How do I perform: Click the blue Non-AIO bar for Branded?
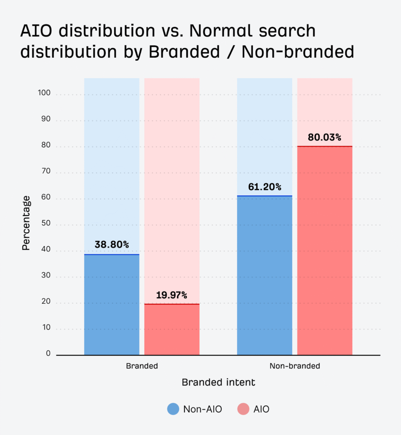click(x=112, y=305)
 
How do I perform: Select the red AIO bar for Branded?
click(x=172, y=329)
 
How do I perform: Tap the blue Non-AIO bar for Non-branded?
click(x=264, y=275)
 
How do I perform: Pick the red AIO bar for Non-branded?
click(x=325, y=251)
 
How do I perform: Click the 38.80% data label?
click(x=112, y=245)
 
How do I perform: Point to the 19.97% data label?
click(x=172, y=295)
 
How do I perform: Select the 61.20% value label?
click(x=264, y=187)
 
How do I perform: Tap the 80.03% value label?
click(x=325, y=137)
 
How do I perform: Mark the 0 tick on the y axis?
click(x=48, y=353)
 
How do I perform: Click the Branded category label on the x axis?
click(x=142, y=366)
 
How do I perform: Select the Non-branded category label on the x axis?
click(x=294, y=366)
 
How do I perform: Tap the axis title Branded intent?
click(x=218, y=382)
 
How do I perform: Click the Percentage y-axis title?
click(x=26, y=223)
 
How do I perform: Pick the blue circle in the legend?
click(x=173, y=409)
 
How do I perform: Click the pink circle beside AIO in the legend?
click(x=243, y=409)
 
